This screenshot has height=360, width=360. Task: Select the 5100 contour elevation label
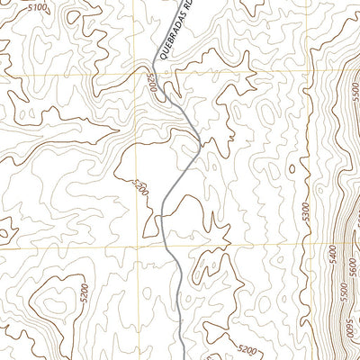[39, 7]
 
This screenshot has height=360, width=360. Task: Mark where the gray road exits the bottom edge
[184, 358]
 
